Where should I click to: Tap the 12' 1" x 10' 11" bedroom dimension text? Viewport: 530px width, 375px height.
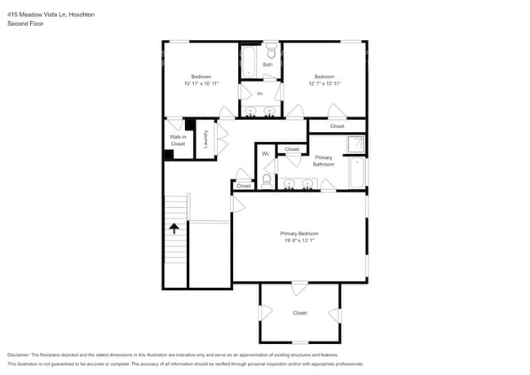[324, 83]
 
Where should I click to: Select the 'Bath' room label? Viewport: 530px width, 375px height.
[267, 64]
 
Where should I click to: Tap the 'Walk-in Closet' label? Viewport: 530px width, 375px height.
[178, 140]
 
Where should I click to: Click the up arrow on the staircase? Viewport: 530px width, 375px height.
[174, 230]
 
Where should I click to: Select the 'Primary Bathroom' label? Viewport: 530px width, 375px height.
[324, 161]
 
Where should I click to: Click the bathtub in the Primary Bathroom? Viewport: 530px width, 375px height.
[356, 173]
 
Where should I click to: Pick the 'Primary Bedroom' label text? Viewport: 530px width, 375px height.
[299, 233]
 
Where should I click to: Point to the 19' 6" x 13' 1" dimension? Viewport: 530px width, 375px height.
[299, 240]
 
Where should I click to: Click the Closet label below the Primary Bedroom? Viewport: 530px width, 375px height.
[299, 313]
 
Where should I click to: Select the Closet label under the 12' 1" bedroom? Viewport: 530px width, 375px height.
[337, 126]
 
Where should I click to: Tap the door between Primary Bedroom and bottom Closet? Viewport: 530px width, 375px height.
[299, 288]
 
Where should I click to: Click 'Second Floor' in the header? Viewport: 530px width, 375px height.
[25, 24]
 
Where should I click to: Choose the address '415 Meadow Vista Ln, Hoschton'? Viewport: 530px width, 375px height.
[51, 14]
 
